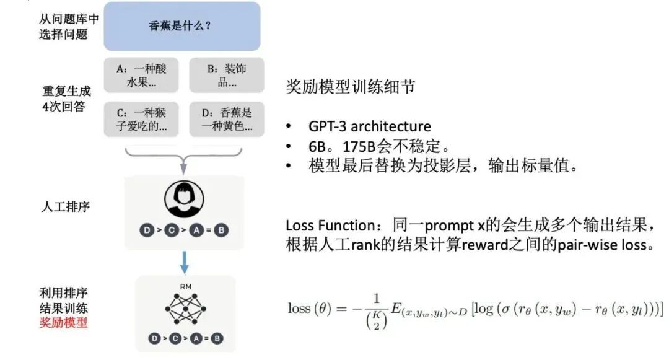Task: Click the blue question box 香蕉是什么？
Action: click(182, 26)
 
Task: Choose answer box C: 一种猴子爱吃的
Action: click(141, 120)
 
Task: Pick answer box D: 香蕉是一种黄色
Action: click(226, 120)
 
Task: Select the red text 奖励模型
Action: click(63, 322)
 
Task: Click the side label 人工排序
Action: click(63, 206)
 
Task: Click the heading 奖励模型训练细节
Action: click(350, 87)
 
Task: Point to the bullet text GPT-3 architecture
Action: click(369, 126)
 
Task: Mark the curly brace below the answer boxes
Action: click(183, 156)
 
